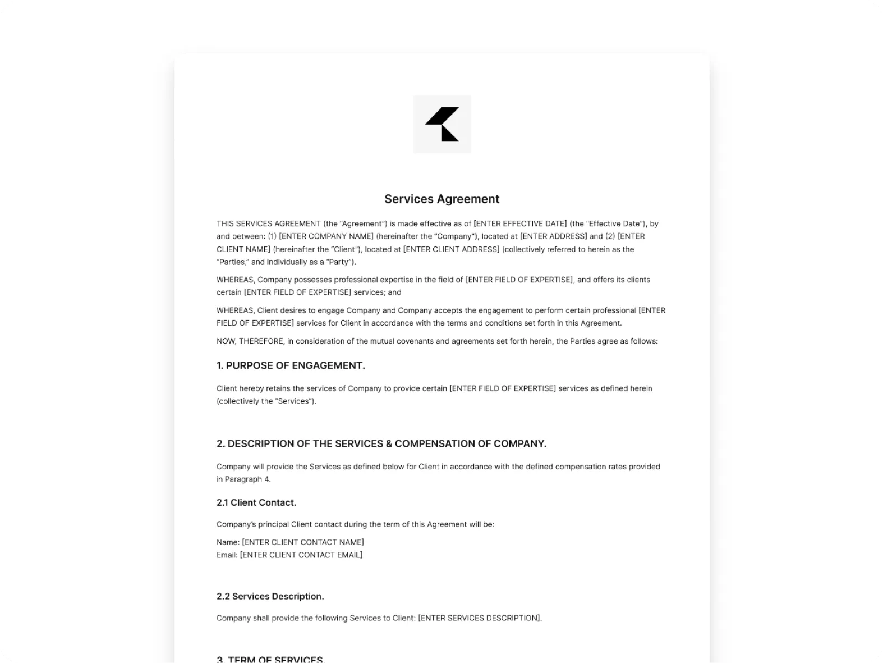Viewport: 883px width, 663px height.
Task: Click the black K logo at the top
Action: tap(442, 124)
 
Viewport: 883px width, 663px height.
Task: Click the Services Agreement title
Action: tap(441, 199)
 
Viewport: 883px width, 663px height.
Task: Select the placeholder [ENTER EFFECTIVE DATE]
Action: tap(521, 223)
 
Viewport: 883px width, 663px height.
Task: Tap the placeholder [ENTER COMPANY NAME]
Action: tap(326, 236)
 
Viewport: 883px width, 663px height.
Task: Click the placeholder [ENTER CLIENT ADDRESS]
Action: tap(451, 249)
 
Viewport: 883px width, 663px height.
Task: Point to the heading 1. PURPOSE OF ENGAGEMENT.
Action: tap(291, 365)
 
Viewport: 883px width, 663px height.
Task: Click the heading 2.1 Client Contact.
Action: tap(256, 502)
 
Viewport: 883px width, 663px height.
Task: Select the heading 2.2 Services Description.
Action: tap(270, 596)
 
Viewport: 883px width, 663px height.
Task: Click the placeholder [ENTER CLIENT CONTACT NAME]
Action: tap(303, 542)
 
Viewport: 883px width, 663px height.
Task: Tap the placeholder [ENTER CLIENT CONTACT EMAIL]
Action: tap(301, 555)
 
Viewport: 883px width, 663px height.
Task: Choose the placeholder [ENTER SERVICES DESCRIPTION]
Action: tap(480, 618)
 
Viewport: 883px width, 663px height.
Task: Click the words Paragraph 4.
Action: tap(247, 479)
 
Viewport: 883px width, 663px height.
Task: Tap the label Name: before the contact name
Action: tap(228, 542)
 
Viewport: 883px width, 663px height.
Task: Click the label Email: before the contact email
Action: tap(227, 555)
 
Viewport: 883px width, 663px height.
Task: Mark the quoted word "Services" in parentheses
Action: tap(293, 401)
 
